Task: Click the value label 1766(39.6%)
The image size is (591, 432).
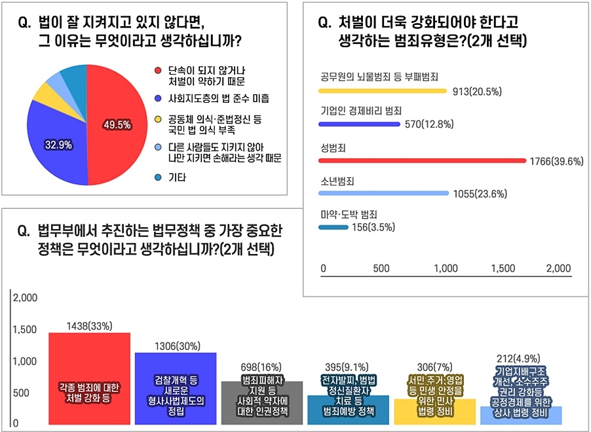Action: [x=556, y=161]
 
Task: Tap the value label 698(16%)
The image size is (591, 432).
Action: [x=261, y=367]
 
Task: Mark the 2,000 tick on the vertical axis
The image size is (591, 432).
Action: [x=25, y=298]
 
